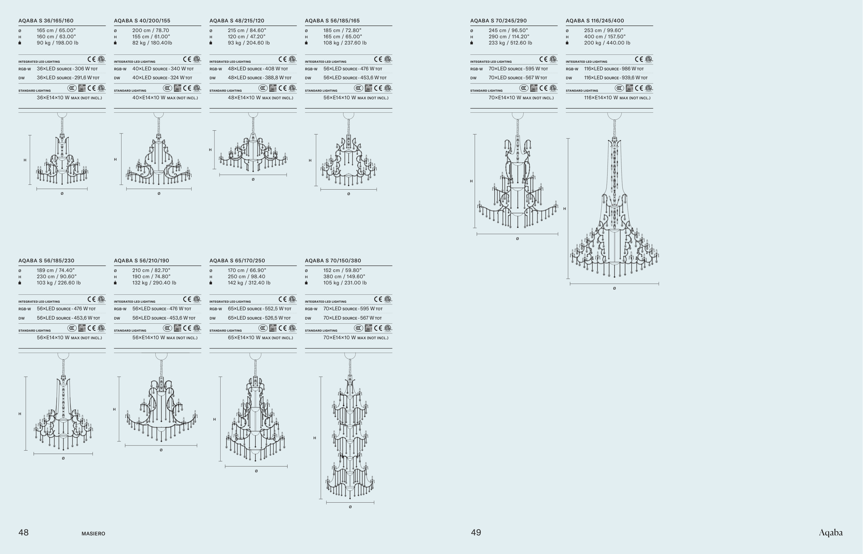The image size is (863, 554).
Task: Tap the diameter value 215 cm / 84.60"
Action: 247,31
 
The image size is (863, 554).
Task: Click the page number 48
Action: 23,532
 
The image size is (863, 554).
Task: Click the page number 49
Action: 476,532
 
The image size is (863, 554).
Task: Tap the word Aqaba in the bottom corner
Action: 831,533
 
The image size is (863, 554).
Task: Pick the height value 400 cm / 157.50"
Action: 605,37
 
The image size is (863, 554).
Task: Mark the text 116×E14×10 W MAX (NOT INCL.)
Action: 617,98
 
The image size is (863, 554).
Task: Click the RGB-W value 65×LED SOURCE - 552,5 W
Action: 259,309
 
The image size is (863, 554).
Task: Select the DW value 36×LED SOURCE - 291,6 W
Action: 68,78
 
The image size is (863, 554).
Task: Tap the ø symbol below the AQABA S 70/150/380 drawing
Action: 350,507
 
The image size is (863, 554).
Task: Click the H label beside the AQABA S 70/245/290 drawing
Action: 471,181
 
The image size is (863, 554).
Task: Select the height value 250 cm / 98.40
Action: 246,276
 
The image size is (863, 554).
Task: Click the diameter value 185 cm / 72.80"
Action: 342,31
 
